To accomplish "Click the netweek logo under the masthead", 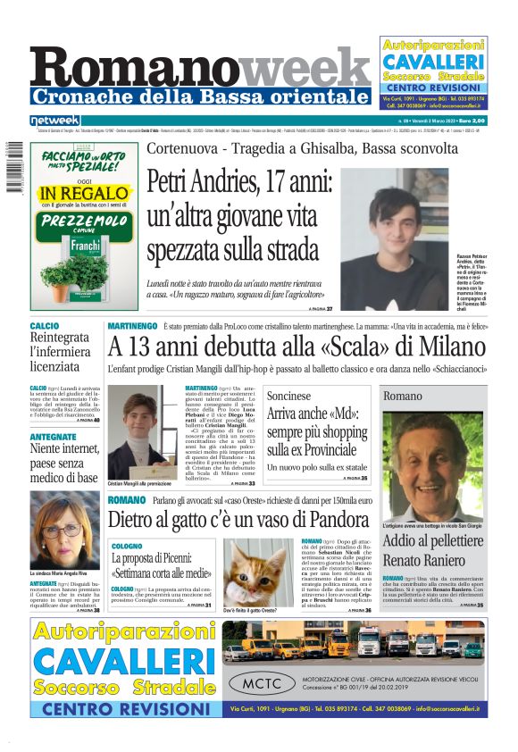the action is tap(55, 120).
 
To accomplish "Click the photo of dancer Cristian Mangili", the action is tap(136, 430).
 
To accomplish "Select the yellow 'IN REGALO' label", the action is tap(85, 193).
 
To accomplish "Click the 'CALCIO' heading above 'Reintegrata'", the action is tap(45, 327).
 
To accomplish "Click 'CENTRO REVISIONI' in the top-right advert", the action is tap(433, 89).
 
